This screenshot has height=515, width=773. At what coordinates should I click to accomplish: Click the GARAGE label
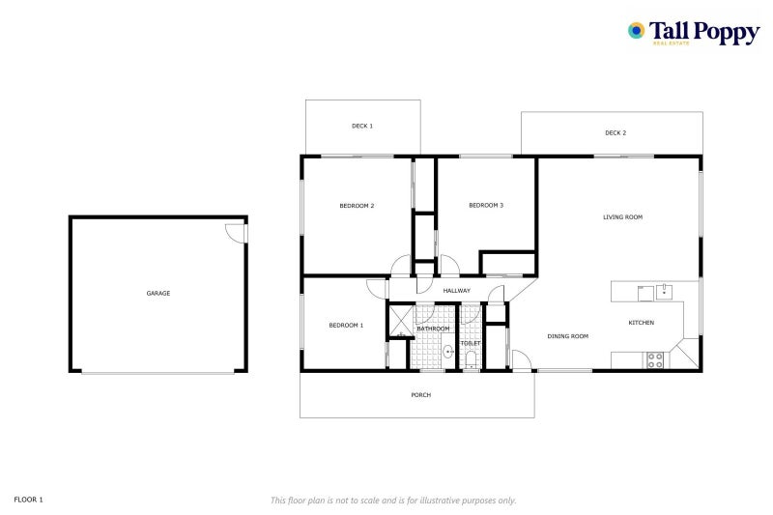pyautogui.click(x=158, y=293)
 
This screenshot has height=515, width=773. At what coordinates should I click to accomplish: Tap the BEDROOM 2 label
pyautogui.click(x=357, y=206)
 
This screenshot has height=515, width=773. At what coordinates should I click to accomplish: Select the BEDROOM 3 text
pyautogui.click(x=486, y=205)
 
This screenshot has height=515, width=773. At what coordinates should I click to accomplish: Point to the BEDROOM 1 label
pyautogui.click(x=346, y=326)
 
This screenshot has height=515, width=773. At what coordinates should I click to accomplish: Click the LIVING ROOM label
pyautogui.click(x=622, y=216)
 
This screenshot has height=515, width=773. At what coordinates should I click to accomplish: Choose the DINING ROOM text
pyautogui.click(x=568, y=336)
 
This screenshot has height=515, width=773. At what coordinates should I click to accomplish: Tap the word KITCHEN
pyautogui.click(x=642, y=323)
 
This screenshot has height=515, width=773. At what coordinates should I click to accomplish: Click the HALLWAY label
pyautogui.click(x=456, y=291)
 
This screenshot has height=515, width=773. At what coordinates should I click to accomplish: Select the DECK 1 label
pyautogui.click(x=362, y=126)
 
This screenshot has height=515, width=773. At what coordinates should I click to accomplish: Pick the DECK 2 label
pyautogui.click(x=616, y=132)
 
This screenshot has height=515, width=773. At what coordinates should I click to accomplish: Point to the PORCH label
pyautogui.click(x=421, y=395)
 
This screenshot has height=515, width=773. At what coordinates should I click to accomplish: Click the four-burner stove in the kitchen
pyautogui.click(x=655, y=360)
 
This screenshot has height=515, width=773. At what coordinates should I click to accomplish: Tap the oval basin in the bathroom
pyautogui.click(x=448, y=352)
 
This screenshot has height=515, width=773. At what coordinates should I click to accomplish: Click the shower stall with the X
pyautogui.click(x=401, y=321)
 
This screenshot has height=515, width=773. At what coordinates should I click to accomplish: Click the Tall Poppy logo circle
pyautogui.click(x=636, y=31)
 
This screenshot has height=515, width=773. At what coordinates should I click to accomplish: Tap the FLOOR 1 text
pyautogui.click(x=29, y=500)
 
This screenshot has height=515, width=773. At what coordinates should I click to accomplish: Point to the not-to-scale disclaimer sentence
pyautogui.click(x=393, y=501)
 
